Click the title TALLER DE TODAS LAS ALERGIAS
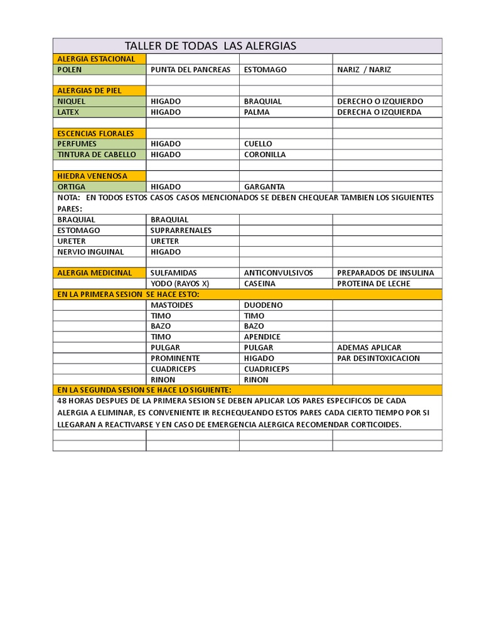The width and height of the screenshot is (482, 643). (210, 46)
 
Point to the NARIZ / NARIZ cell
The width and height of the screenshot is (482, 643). (364, 70)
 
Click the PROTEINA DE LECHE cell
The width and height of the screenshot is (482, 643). (373, 283)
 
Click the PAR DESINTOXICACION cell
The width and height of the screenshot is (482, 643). (378, 359)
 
